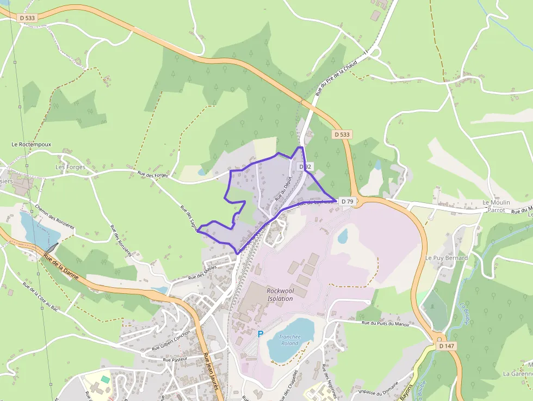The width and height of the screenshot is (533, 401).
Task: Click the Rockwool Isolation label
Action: tap(280, 294)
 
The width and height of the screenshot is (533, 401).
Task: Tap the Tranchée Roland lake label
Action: tap(289, 340)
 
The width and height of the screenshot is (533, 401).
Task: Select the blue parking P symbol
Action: tap(260, 334)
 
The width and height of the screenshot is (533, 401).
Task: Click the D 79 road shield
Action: tap(348, 201)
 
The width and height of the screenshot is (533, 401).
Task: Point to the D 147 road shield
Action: tap(447, 346)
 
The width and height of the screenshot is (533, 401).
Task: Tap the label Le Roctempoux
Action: tap(32, 145)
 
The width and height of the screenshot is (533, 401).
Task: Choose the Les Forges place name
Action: tap(70, 167)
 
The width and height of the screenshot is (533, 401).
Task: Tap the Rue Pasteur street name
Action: tap(175, 360)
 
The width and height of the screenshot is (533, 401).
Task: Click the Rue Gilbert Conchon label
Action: tap(171, 341)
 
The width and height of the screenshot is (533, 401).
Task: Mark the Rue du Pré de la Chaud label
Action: tap(337, 79)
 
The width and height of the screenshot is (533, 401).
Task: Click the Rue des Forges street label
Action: tap(153, 175)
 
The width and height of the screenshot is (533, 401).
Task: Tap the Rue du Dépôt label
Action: tap(283, 188)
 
